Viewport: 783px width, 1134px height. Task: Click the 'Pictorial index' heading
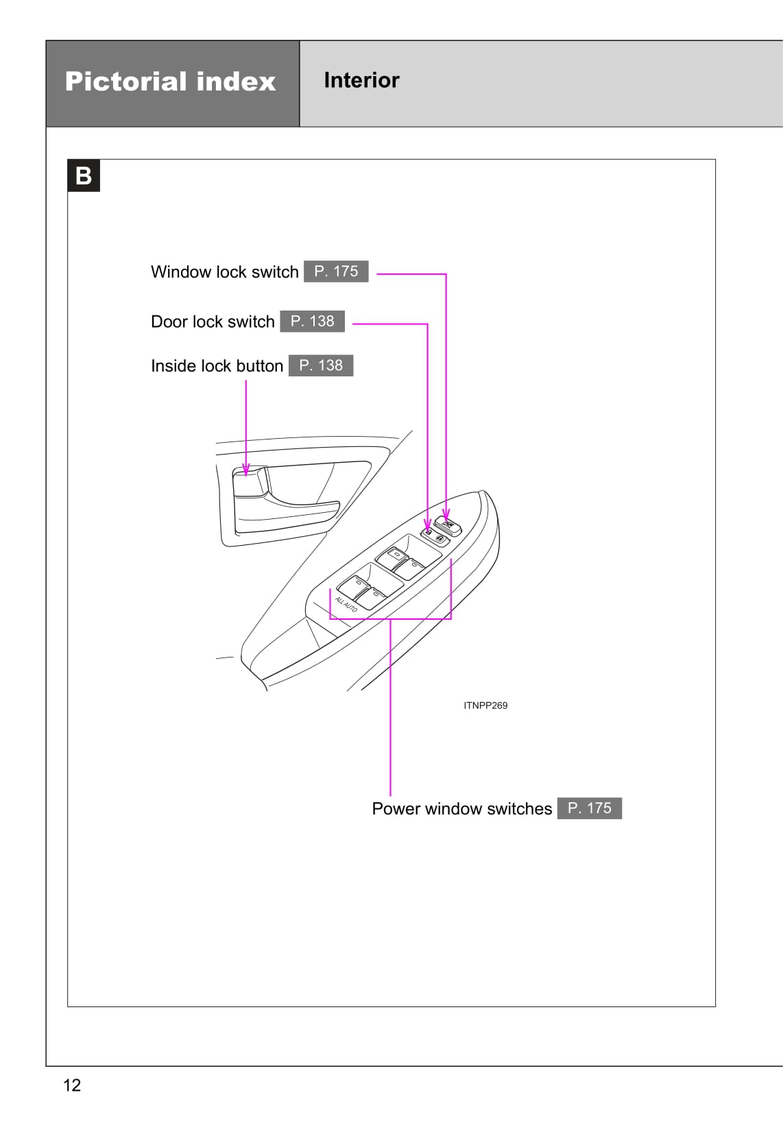pyautogui.click(x=170, y=82)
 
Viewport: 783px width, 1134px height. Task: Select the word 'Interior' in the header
pyautogui.click(x=361, y=80)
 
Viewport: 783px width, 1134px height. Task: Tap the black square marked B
pyautogui.click(x=84, y=176)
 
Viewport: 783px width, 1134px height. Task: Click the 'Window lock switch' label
pyautogui.click(x=224, y=272)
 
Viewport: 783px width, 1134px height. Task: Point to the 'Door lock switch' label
pyautogui.click(x=213, y=322)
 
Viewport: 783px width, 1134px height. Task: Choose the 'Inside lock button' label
pyautogui.click(x=217, y=366)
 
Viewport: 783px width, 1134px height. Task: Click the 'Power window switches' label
pyautogui.click(x=461, y=809)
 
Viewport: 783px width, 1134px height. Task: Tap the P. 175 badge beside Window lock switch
pyautogui.click(x=336, y=272)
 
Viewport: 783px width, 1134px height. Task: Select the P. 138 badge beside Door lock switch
pyautogui.click(x=312, y=322)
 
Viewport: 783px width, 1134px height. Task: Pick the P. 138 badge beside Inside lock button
pyautogui.click(x=321, y=365)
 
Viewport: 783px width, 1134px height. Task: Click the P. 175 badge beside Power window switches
pyautogui.click(x=589, y=808)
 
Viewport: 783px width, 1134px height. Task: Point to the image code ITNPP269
pyautogui.click(x=485, y=705)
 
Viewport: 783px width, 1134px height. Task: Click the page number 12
pyautogui.click(x=72, y=1085)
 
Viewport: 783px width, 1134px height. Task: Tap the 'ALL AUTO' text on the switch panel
pyautogui.click(x=346, y=604)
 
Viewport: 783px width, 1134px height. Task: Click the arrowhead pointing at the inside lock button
pyautogui.click(x=246, y=470)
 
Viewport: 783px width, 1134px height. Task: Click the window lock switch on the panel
pyautogui.click(x=450, y=527)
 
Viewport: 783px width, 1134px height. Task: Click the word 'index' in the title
pyautogui.click(x=235, y=82)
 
